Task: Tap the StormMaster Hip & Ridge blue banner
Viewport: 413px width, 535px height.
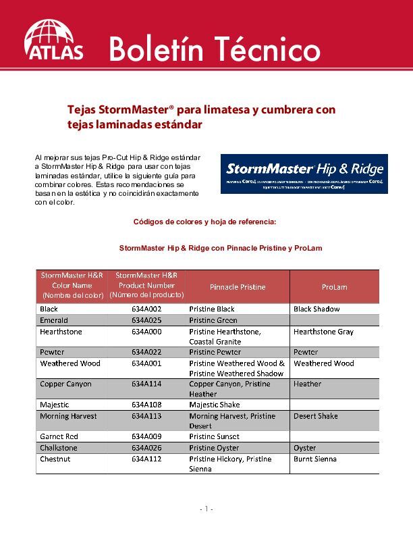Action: pyautogui.click(x=304, y=174)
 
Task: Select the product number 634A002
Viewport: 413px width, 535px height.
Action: pyautogui.click(x=146, y=309)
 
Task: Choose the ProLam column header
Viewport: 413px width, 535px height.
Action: pyautogui.click(x=334, y=287)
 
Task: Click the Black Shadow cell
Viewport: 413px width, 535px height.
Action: pyautogui.click(x=316, y=309)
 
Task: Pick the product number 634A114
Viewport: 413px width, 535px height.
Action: pyautogui.click(x=146, y=384)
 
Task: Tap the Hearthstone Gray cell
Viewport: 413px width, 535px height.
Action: pyautogui.click(x=323, y=332)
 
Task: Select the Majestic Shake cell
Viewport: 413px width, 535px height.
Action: pyautogui.click(x=214, y=405)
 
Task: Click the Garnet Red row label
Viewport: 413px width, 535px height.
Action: pyautogui.click(x=59, y=437)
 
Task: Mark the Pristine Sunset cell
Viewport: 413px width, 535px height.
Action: pyautogui.click(x=214, y=437)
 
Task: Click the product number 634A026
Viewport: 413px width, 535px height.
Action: pyautogui.click(x=146, y=448)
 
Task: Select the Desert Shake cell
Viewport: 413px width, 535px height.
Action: pyautogui.click(x=315, y=417)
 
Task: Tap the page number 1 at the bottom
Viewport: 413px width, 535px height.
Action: pyautogui.click(x=206, y=509)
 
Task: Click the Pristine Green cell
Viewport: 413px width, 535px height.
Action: pyautogui.click(x=213, y=320)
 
